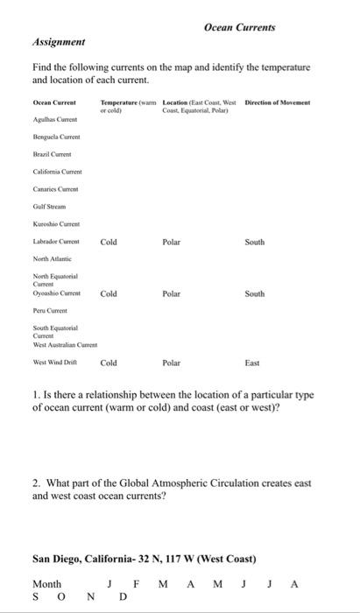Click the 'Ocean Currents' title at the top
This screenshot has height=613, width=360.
click(239, 27)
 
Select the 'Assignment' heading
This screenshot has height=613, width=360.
click(58, 41)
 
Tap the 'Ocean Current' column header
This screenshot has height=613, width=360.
click(53, 103)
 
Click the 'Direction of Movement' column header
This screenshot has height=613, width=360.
click(278, 103)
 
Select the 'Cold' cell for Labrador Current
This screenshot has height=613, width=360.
click(109, 242)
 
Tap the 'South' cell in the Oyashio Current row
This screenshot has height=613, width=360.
click(255, 294)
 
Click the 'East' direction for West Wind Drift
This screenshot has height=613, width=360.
click(252, 362)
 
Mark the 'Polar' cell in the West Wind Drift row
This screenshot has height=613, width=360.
click(171, 362)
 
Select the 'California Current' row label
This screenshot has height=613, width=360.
click(57, 173)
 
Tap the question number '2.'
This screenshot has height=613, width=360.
click(37, 483)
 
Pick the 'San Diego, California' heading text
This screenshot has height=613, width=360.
click(88, 558)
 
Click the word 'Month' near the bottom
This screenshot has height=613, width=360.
click(46, 584)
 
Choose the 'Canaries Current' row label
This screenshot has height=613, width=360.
click(55, 189)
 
